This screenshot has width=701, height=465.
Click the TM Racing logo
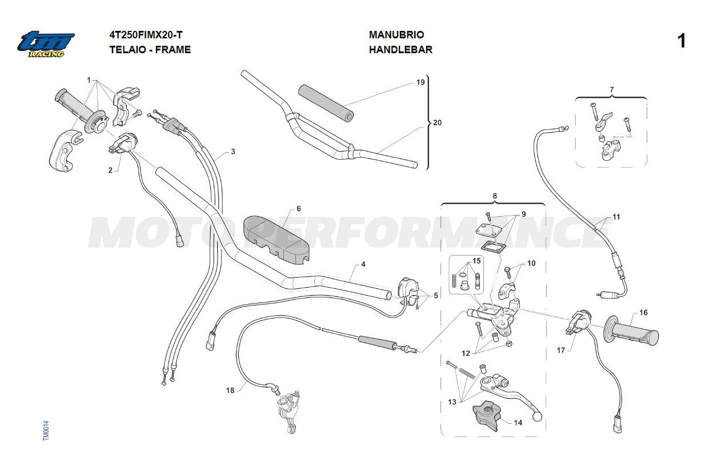46,44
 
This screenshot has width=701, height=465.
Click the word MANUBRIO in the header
396,35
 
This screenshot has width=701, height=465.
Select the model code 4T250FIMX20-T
146,35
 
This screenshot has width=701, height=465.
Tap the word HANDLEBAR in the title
400,50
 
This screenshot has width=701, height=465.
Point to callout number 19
420,82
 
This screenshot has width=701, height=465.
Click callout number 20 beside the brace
437,122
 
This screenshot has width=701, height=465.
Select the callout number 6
299,209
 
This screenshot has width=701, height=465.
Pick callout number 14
518,423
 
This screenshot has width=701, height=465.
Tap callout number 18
230,391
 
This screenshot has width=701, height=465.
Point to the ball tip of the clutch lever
536,417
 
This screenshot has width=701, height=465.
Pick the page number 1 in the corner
681,41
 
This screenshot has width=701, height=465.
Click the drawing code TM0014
46,431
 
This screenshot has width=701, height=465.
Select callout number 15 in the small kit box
476,261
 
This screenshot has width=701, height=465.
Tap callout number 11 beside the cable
616,217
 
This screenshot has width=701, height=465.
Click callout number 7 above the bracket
612,90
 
